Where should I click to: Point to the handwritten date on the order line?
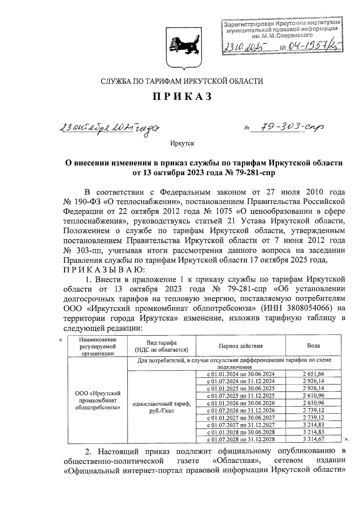pos(110,129)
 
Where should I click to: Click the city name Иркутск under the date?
pos(182,143)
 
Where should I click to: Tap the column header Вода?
pos(313,346)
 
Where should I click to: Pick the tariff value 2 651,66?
pos(313,374)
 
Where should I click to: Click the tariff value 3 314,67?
pos(313,439)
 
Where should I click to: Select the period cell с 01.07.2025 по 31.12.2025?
pos(241,396)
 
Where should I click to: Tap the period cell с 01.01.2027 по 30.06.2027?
pos(241,418)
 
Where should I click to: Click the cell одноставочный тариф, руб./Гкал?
pos(161,407)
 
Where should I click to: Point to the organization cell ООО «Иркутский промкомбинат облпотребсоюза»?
pos(98,400)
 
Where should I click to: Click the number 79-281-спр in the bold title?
pos(256,173)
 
